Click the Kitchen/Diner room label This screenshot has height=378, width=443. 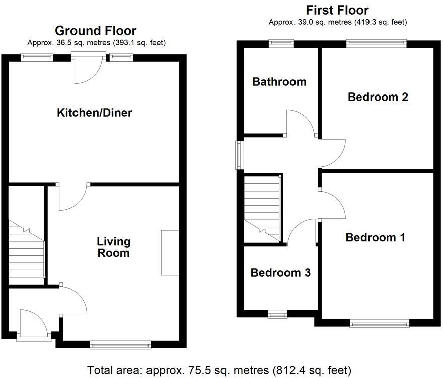click(x=95, y=112)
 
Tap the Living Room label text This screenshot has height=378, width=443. click(x=113, y=247)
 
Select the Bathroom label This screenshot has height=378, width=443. click(x=279, y=81)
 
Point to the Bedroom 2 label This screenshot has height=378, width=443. click(x=378, y=97)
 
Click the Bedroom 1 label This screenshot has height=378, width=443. click(x=376, y=237)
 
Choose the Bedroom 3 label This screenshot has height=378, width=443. click(x=280, y=273)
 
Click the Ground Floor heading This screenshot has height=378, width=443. click(x=96, y=31)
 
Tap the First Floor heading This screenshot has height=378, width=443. click(x=337, y=10)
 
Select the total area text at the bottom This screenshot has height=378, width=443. click(x=219, y=370)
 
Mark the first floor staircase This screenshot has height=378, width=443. click(x=261, y=207)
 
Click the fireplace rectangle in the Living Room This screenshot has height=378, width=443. click(x=170, y=252)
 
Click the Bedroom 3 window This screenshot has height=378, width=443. click(x=277, y=315)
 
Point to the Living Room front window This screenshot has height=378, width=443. click(x=120, y=345)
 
